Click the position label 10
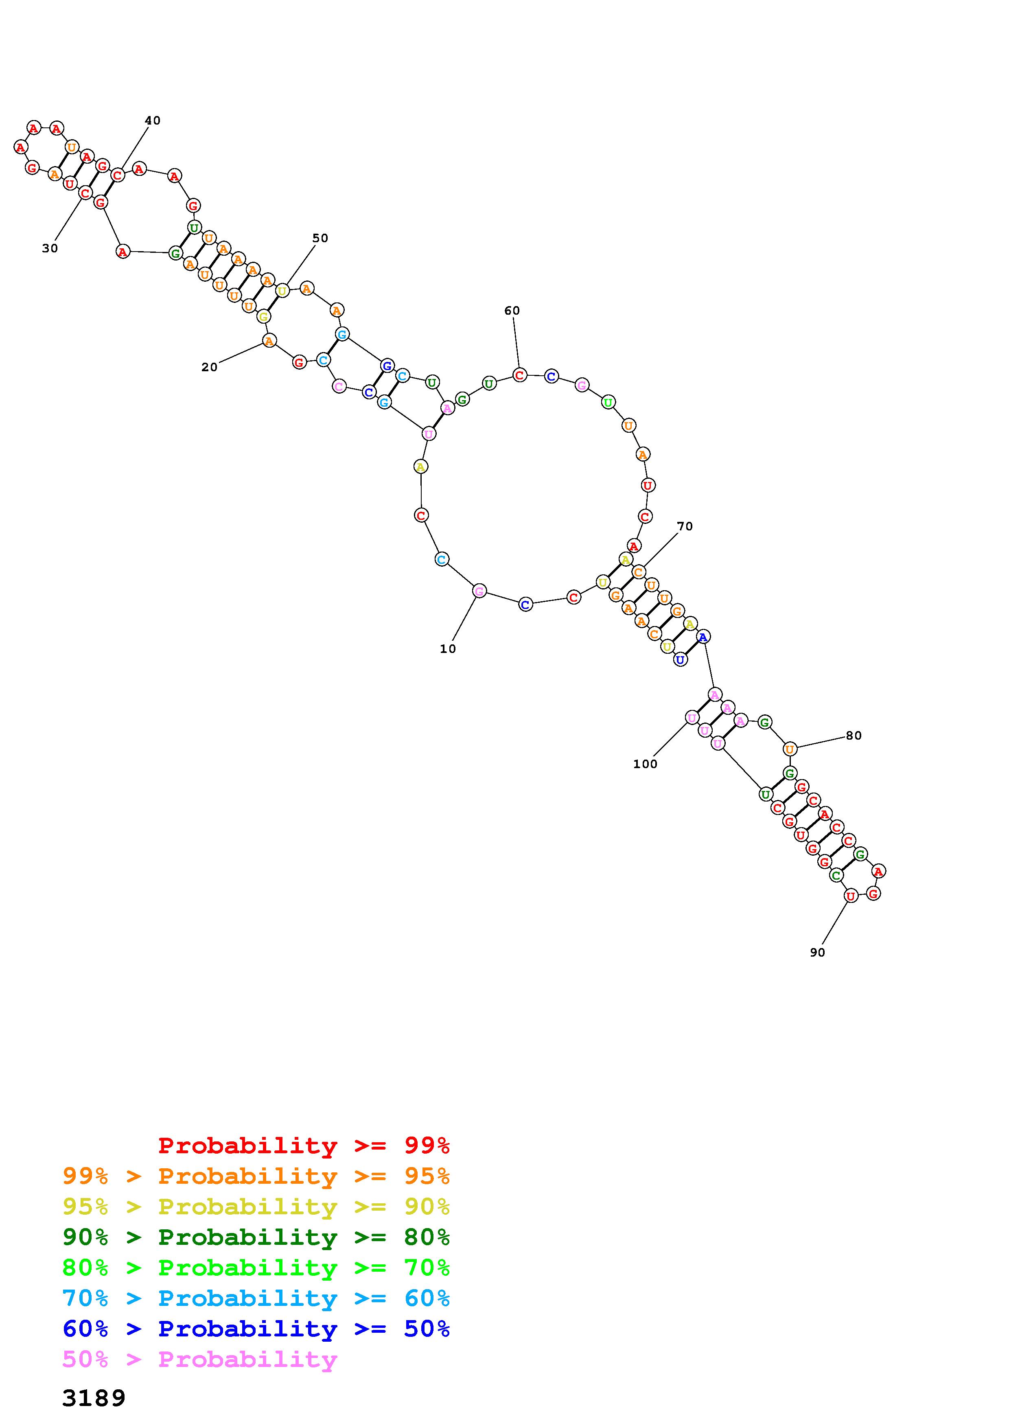pyautogui.click(x=448, y=649)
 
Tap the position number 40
pyautogui.click(x=152, y=120)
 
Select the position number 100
pyautogui.click(x=645, y=764)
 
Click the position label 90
pyautogui.click(x=818, y=952)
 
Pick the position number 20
pyautogui.click(x=210, y=367)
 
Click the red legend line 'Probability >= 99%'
pyautogui.click(x=304, y=1145)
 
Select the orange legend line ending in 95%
pyautogui.click(x=256, y=1176)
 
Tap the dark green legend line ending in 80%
pyautogui.click(x=256, y=1237)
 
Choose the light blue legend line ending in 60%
pyautogui.click(x=256, y=1298)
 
